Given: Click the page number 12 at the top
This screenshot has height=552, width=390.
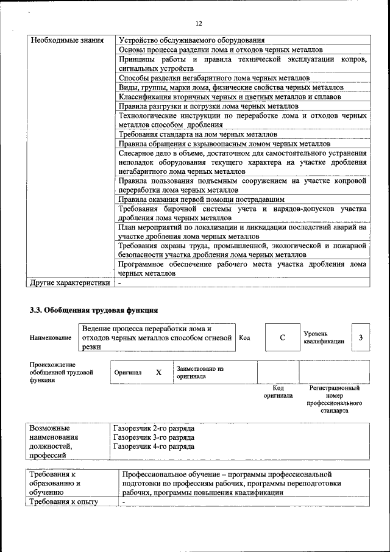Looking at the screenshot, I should pos(199,23).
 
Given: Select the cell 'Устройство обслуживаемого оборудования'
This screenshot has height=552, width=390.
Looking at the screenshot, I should pos(192,41).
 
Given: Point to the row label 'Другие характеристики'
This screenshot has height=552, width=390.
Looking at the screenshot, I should pos(70,282).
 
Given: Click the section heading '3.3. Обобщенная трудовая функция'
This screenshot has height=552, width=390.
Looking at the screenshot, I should pos(94,310).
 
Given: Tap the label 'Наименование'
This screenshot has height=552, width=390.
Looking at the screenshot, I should pos(51,338).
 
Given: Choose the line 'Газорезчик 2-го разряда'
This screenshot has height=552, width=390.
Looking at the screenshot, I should pos(154,428).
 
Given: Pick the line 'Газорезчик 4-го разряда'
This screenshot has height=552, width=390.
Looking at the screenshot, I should pos(154,446).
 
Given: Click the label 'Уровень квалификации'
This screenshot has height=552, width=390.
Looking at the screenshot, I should pos(324,338).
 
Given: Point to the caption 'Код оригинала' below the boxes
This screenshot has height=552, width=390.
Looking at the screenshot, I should pos(278,392).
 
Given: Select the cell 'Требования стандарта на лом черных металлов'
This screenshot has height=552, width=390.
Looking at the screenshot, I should pos(198,134).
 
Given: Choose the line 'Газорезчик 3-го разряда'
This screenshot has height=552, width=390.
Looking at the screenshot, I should pos(154,437).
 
